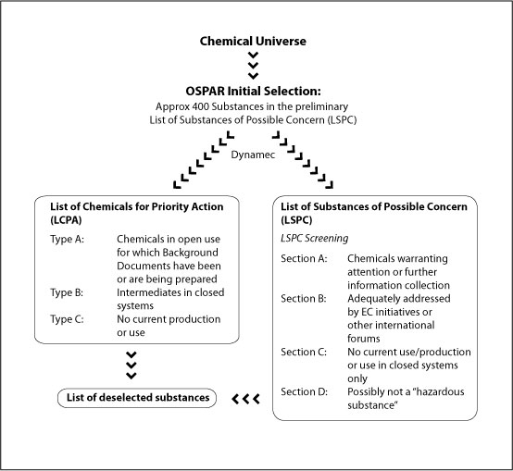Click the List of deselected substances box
(135, 399)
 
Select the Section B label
(305, 299)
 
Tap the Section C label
(305, 353)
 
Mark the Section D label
(305, 392)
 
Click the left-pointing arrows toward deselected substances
(244, 399)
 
